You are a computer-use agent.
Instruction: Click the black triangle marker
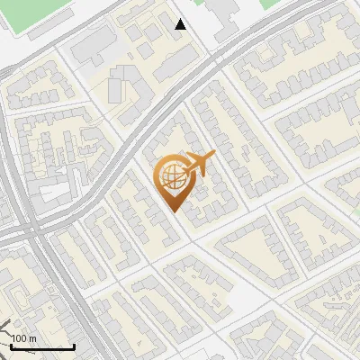pyautogui.click(x=181, y=24)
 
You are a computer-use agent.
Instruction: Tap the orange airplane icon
pyautogui.click(x=197, y=165)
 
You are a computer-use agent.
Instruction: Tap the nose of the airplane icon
pyautogui.click(x=213, y=157)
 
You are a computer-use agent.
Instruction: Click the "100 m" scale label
pyautogui.click(x=24, y=338)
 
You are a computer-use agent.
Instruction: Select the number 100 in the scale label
pyautogui.click(x=20, y=338)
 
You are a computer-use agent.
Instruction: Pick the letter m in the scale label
pyautogui.click(x=32, y=338)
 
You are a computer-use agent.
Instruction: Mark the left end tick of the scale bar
pyautogui.click(x=11, y=346)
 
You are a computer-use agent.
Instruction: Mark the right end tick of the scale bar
pyautogui.click(x=74, y=346)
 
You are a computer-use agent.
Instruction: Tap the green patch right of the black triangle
pyautogui.click(x=270, y=4)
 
